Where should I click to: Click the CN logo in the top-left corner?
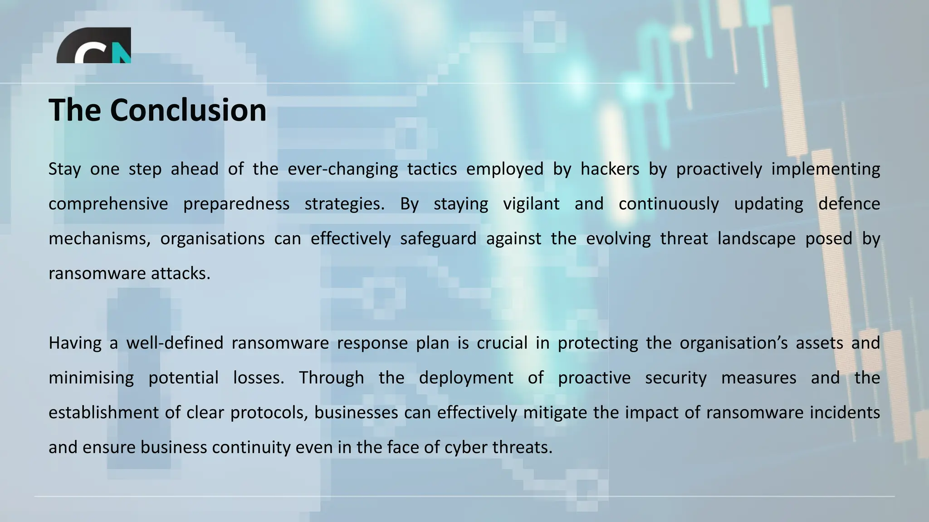click(94, 46)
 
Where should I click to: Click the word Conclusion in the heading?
click(188, 110)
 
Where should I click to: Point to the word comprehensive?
click(108, 204)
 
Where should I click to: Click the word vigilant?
click(531, 204)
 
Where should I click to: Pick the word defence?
click(849, 204)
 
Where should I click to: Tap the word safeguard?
click(438, 239)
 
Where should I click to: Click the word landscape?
click(756, 239)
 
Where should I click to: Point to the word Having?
click(75, 343)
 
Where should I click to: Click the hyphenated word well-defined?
click(175, 343)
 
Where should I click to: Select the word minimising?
click(91, 378)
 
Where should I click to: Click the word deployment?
click(466, 378)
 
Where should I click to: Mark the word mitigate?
click(555, 413)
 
